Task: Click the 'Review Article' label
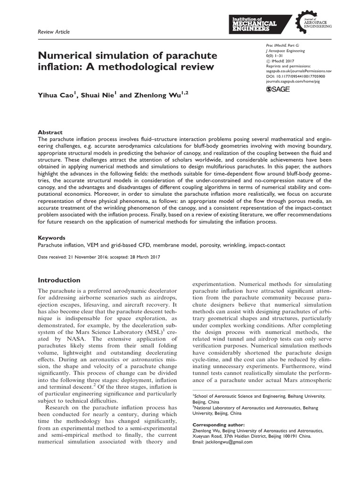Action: tap(53, 32)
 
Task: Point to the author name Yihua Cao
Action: tap(57, 95)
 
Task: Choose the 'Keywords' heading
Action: tap(51, 238)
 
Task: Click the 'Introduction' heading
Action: tap(59, 280)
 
